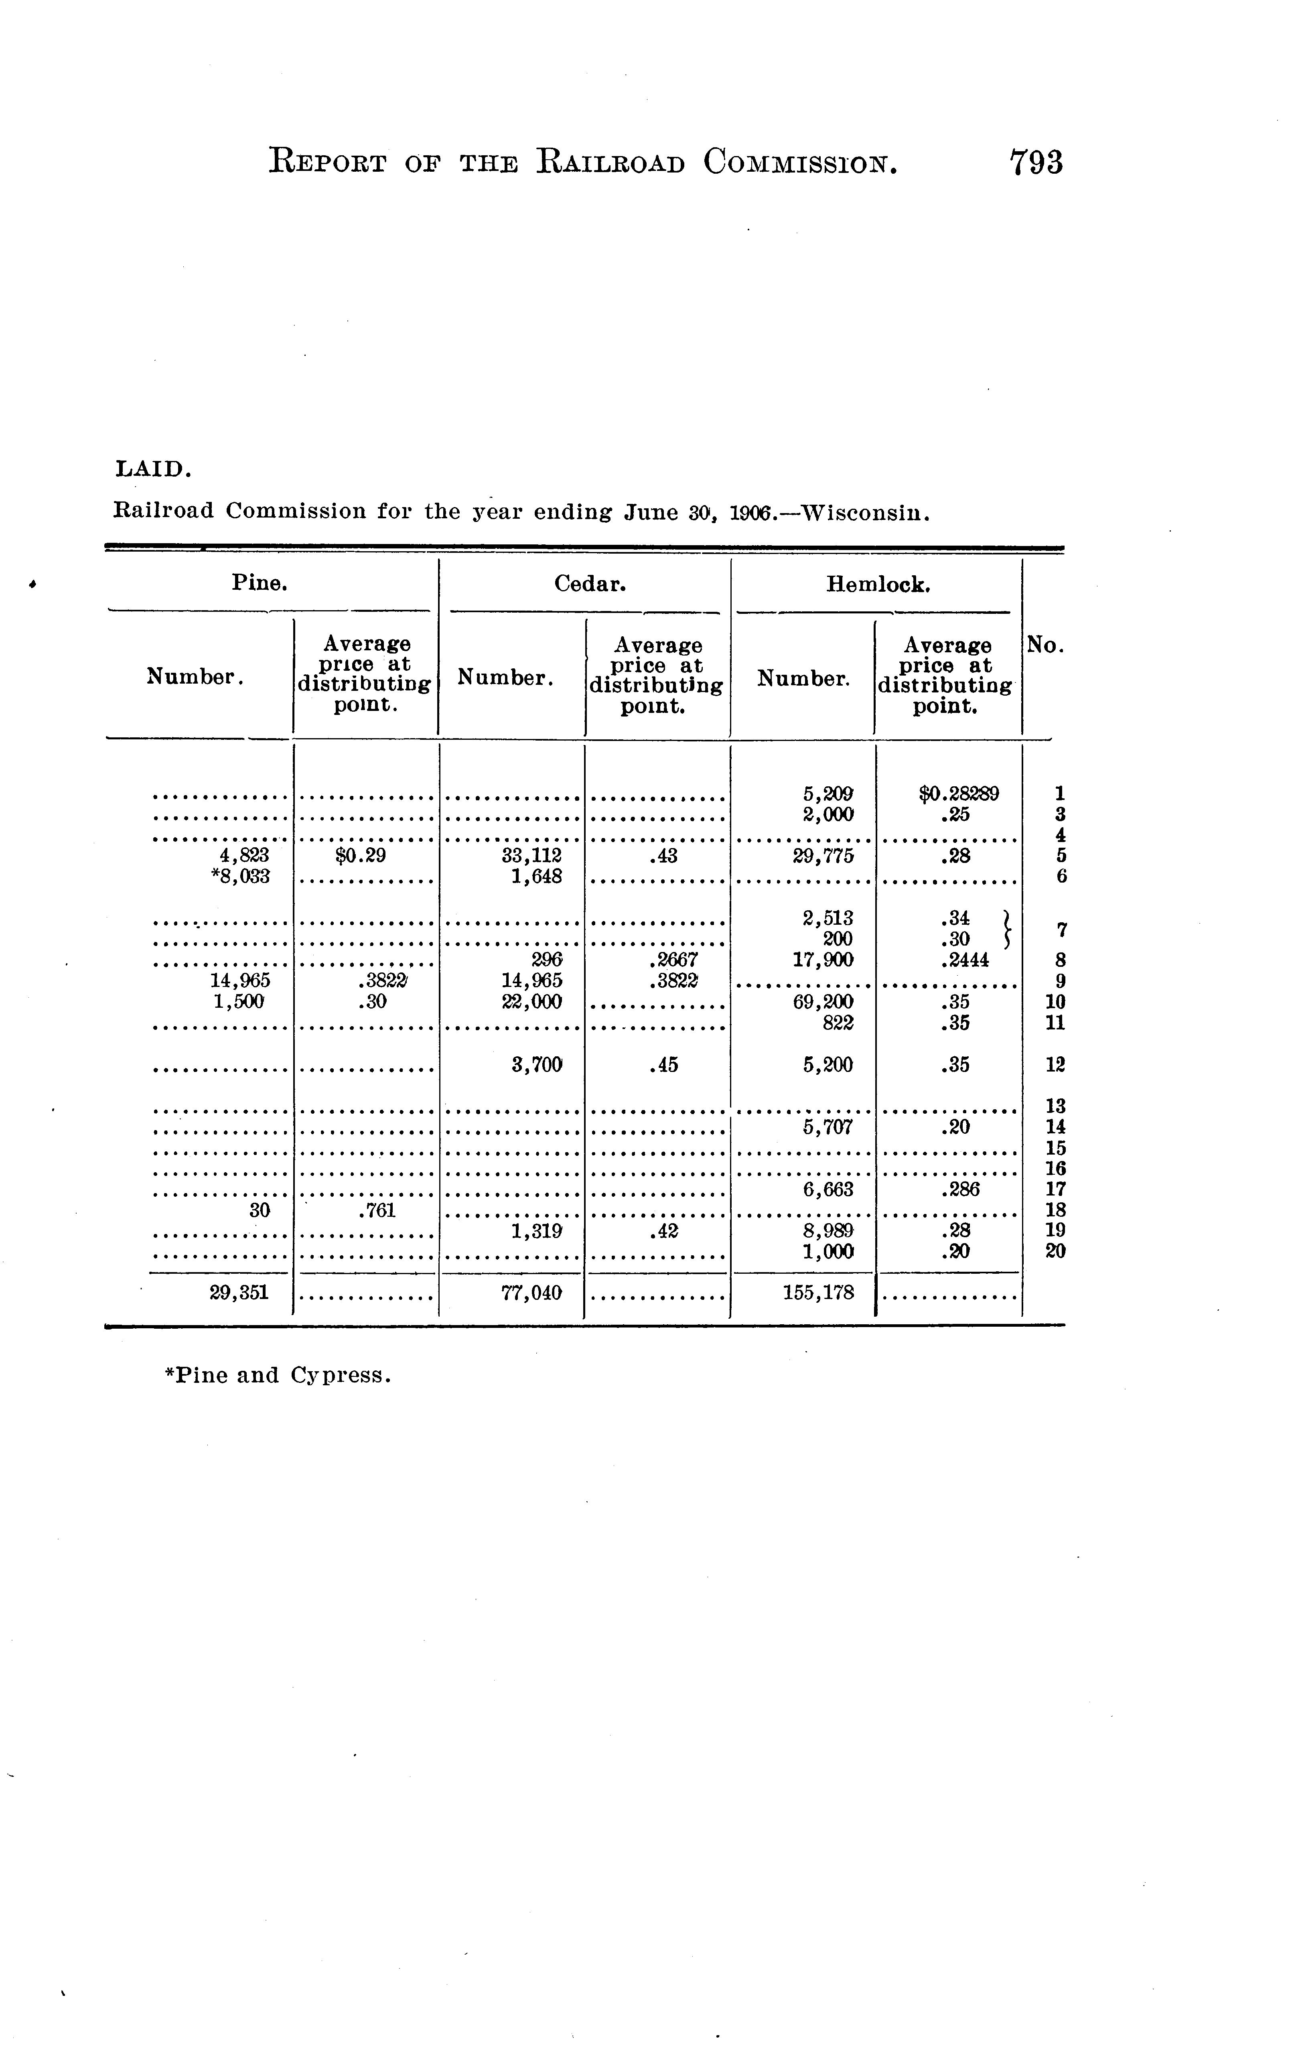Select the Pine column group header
[x=259, y=583]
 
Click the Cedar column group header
[x=590, y=584]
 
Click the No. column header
[x=1045, y=646]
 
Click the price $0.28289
[x=959, y=794]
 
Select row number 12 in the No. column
[x=1055, y=1065]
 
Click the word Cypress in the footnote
[x=340, y=1375]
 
